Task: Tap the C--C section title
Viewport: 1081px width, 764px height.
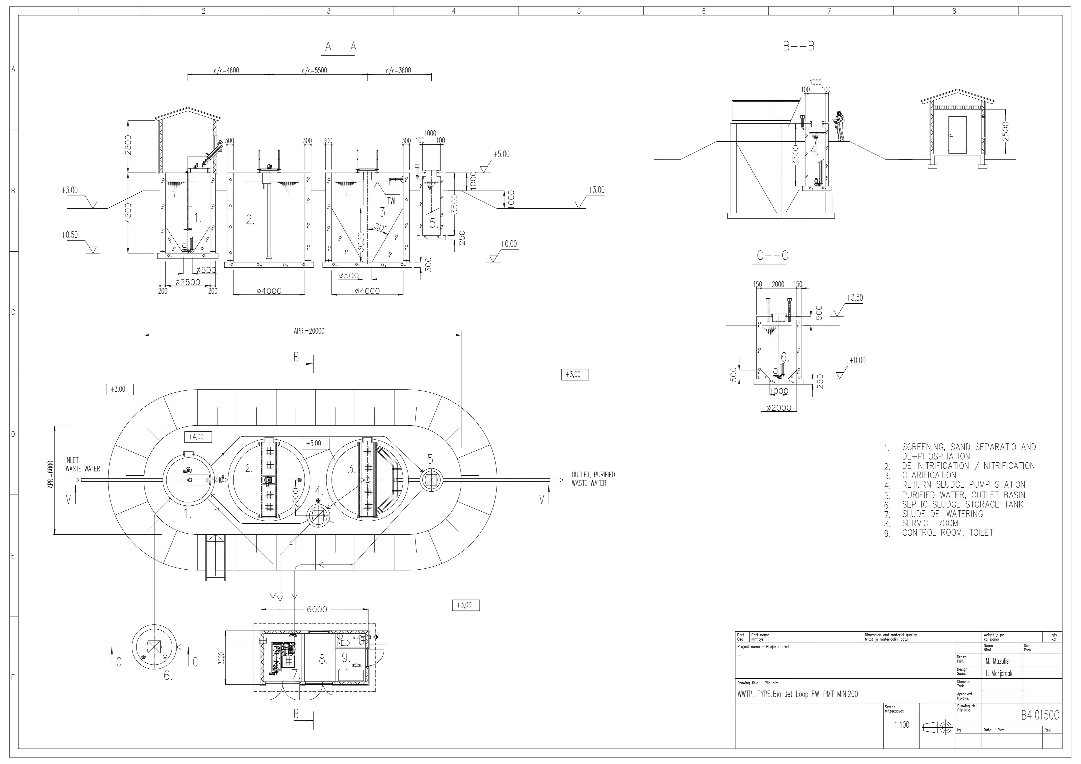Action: pos(772,256)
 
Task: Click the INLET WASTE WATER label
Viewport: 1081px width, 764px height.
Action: pos(82,464)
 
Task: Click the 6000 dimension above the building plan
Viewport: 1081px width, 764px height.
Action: pos(317,610)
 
